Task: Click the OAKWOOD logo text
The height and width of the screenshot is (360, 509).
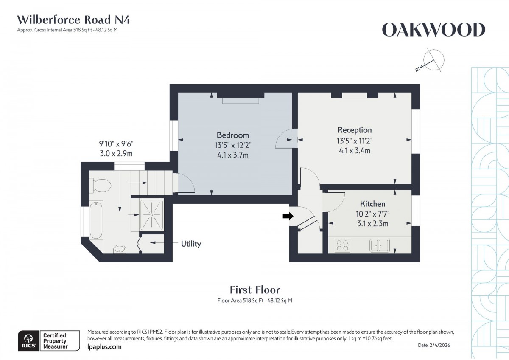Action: (x=433, y=30)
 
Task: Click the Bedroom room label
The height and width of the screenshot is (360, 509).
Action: (x=232, y=135)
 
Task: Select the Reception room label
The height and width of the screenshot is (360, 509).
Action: (x=354, y=130)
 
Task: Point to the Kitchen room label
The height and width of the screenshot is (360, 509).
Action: (x=372, y=204)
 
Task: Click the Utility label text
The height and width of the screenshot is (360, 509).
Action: (x=191, y=244)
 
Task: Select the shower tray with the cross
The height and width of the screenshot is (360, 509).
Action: (x=151, y=214)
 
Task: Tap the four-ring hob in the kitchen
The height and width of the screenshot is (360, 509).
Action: (x=343, y=245)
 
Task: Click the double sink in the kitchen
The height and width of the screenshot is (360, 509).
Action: (x=380, y=245)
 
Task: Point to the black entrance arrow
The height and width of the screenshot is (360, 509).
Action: (x=288, y=216)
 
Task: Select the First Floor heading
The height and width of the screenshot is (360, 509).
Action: (x=255, y=290)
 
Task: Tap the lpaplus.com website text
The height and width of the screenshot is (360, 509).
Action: (x=104, y=347)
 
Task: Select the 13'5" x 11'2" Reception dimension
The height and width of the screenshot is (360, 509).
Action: (x=354, y=141)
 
